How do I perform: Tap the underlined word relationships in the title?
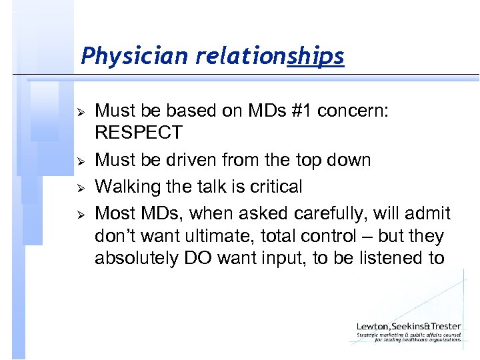(269, 57)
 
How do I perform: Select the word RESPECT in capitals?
(139, 133)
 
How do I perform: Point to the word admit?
(427, 214)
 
